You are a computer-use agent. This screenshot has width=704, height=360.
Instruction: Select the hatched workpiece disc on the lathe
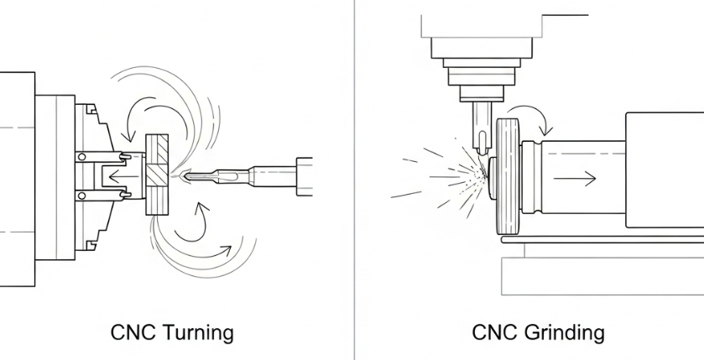pos(157,175)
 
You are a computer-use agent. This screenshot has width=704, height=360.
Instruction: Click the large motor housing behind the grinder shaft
pos(663,168)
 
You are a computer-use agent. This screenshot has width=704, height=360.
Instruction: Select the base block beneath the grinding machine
pos(600,276)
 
